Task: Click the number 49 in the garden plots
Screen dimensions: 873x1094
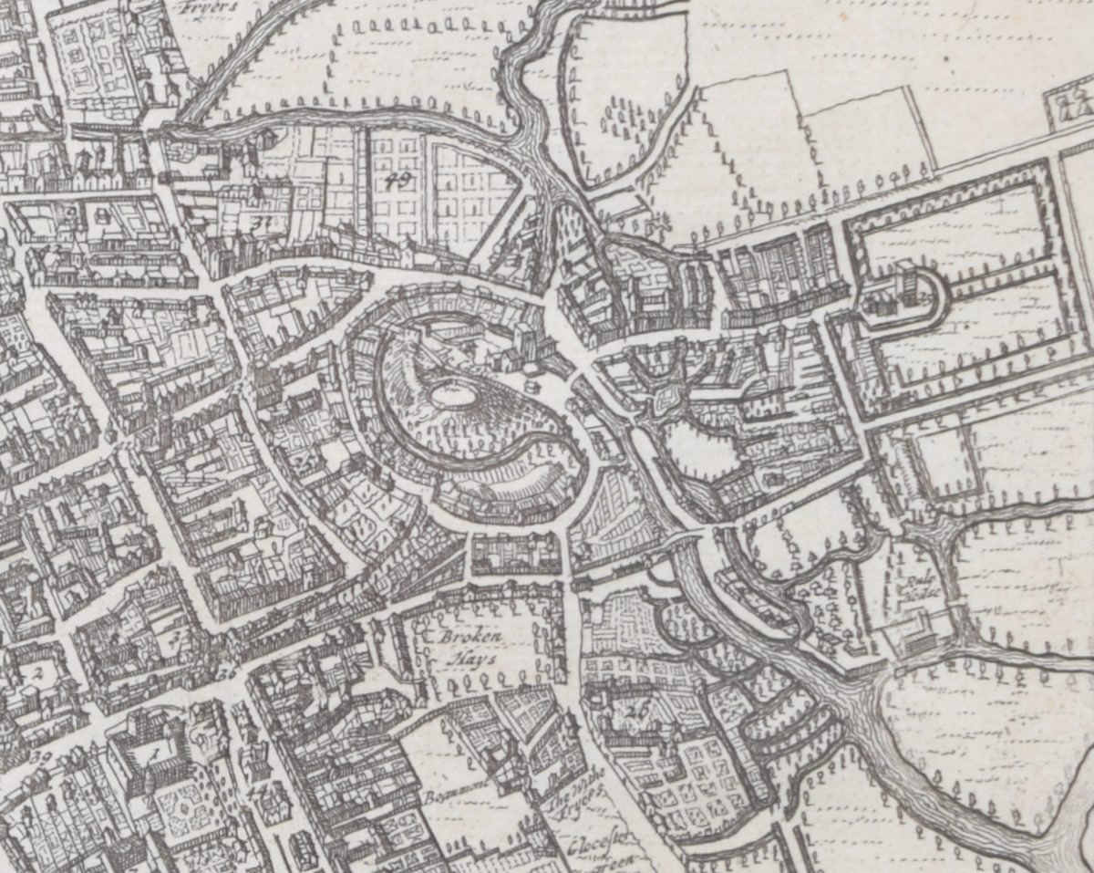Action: click(x=397, y=180)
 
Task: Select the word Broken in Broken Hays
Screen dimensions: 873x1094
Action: click(x=460, y=637)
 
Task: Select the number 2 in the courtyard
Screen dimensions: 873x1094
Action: click(x=37, y=673)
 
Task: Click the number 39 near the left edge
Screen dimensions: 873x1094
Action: click(x=40, y=756)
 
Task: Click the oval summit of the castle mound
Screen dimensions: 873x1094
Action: click(x=453, y=395)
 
